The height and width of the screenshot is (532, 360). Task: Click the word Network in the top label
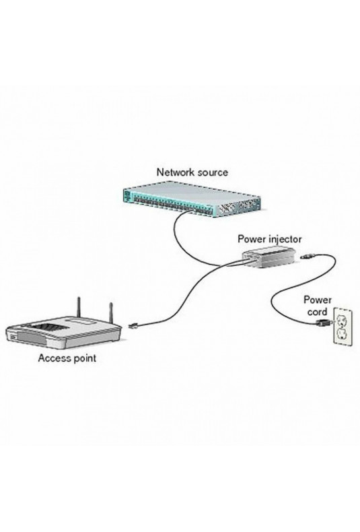click(174, 172)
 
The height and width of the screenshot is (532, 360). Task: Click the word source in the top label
click(211, 172)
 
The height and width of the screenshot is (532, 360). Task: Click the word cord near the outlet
click(318, 312)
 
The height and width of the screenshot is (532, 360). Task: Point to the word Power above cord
click(318, 300)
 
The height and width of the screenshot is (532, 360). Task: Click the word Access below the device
click(52, 358)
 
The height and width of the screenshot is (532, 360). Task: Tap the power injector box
click(269, 257)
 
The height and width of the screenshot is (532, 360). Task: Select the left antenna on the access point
click(78, 306)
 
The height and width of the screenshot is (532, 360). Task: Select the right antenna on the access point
click(110, 312)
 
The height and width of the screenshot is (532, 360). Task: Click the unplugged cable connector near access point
click(133, 327)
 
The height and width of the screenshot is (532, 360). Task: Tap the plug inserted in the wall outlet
click(322, 323)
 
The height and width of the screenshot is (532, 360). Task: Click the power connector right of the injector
click(308, 256)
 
